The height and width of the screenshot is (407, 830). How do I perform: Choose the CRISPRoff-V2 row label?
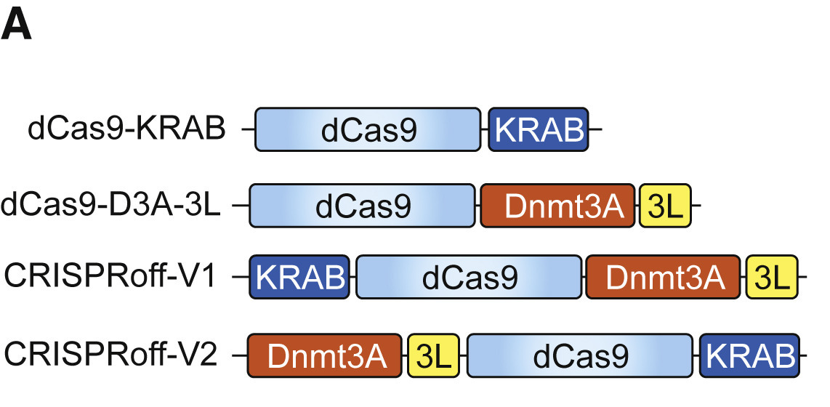point(110,355)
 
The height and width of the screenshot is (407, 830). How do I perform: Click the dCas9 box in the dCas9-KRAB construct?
point(368,129)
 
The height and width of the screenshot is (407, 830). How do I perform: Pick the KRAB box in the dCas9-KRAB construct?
point(539,129)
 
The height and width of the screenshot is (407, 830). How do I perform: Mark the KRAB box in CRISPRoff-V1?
point(299,278)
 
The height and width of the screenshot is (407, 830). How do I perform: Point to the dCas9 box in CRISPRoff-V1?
point(469,278)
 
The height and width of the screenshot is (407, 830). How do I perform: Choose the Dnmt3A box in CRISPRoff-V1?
point(664,278)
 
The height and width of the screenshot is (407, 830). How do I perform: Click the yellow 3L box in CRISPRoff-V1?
point(772,278)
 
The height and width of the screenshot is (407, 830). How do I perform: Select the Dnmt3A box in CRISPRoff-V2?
point(325,355)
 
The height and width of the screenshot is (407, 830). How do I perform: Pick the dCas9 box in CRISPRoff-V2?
point(579,355)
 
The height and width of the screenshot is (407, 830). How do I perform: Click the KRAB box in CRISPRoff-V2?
point(749,355)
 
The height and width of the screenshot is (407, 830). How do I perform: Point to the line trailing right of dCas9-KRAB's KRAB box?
point(595,130)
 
